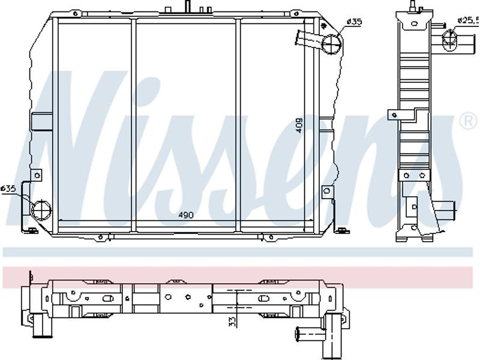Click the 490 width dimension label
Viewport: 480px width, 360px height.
click(x=186, y=215)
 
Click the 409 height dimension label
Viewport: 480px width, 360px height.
click(x=299, y=125)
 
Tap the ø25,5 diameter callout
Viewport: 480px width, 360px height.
click(x=468, y=20)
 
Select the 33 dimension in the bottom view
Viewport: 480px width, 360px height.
click(x=233, y=321)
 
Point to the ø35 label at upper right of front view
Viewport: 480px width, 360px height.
click(x=354, y=22)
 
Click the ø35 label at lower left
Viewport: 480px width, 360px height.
click(x=8, y=188)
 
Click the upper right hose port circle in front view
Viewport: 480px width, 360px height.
click(x=332, y=44)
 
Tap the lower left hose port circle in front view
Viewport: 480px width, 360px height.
click(x=41, y=209)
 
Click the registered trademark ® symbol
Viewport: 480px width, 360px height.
click(x=469, y=121)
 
